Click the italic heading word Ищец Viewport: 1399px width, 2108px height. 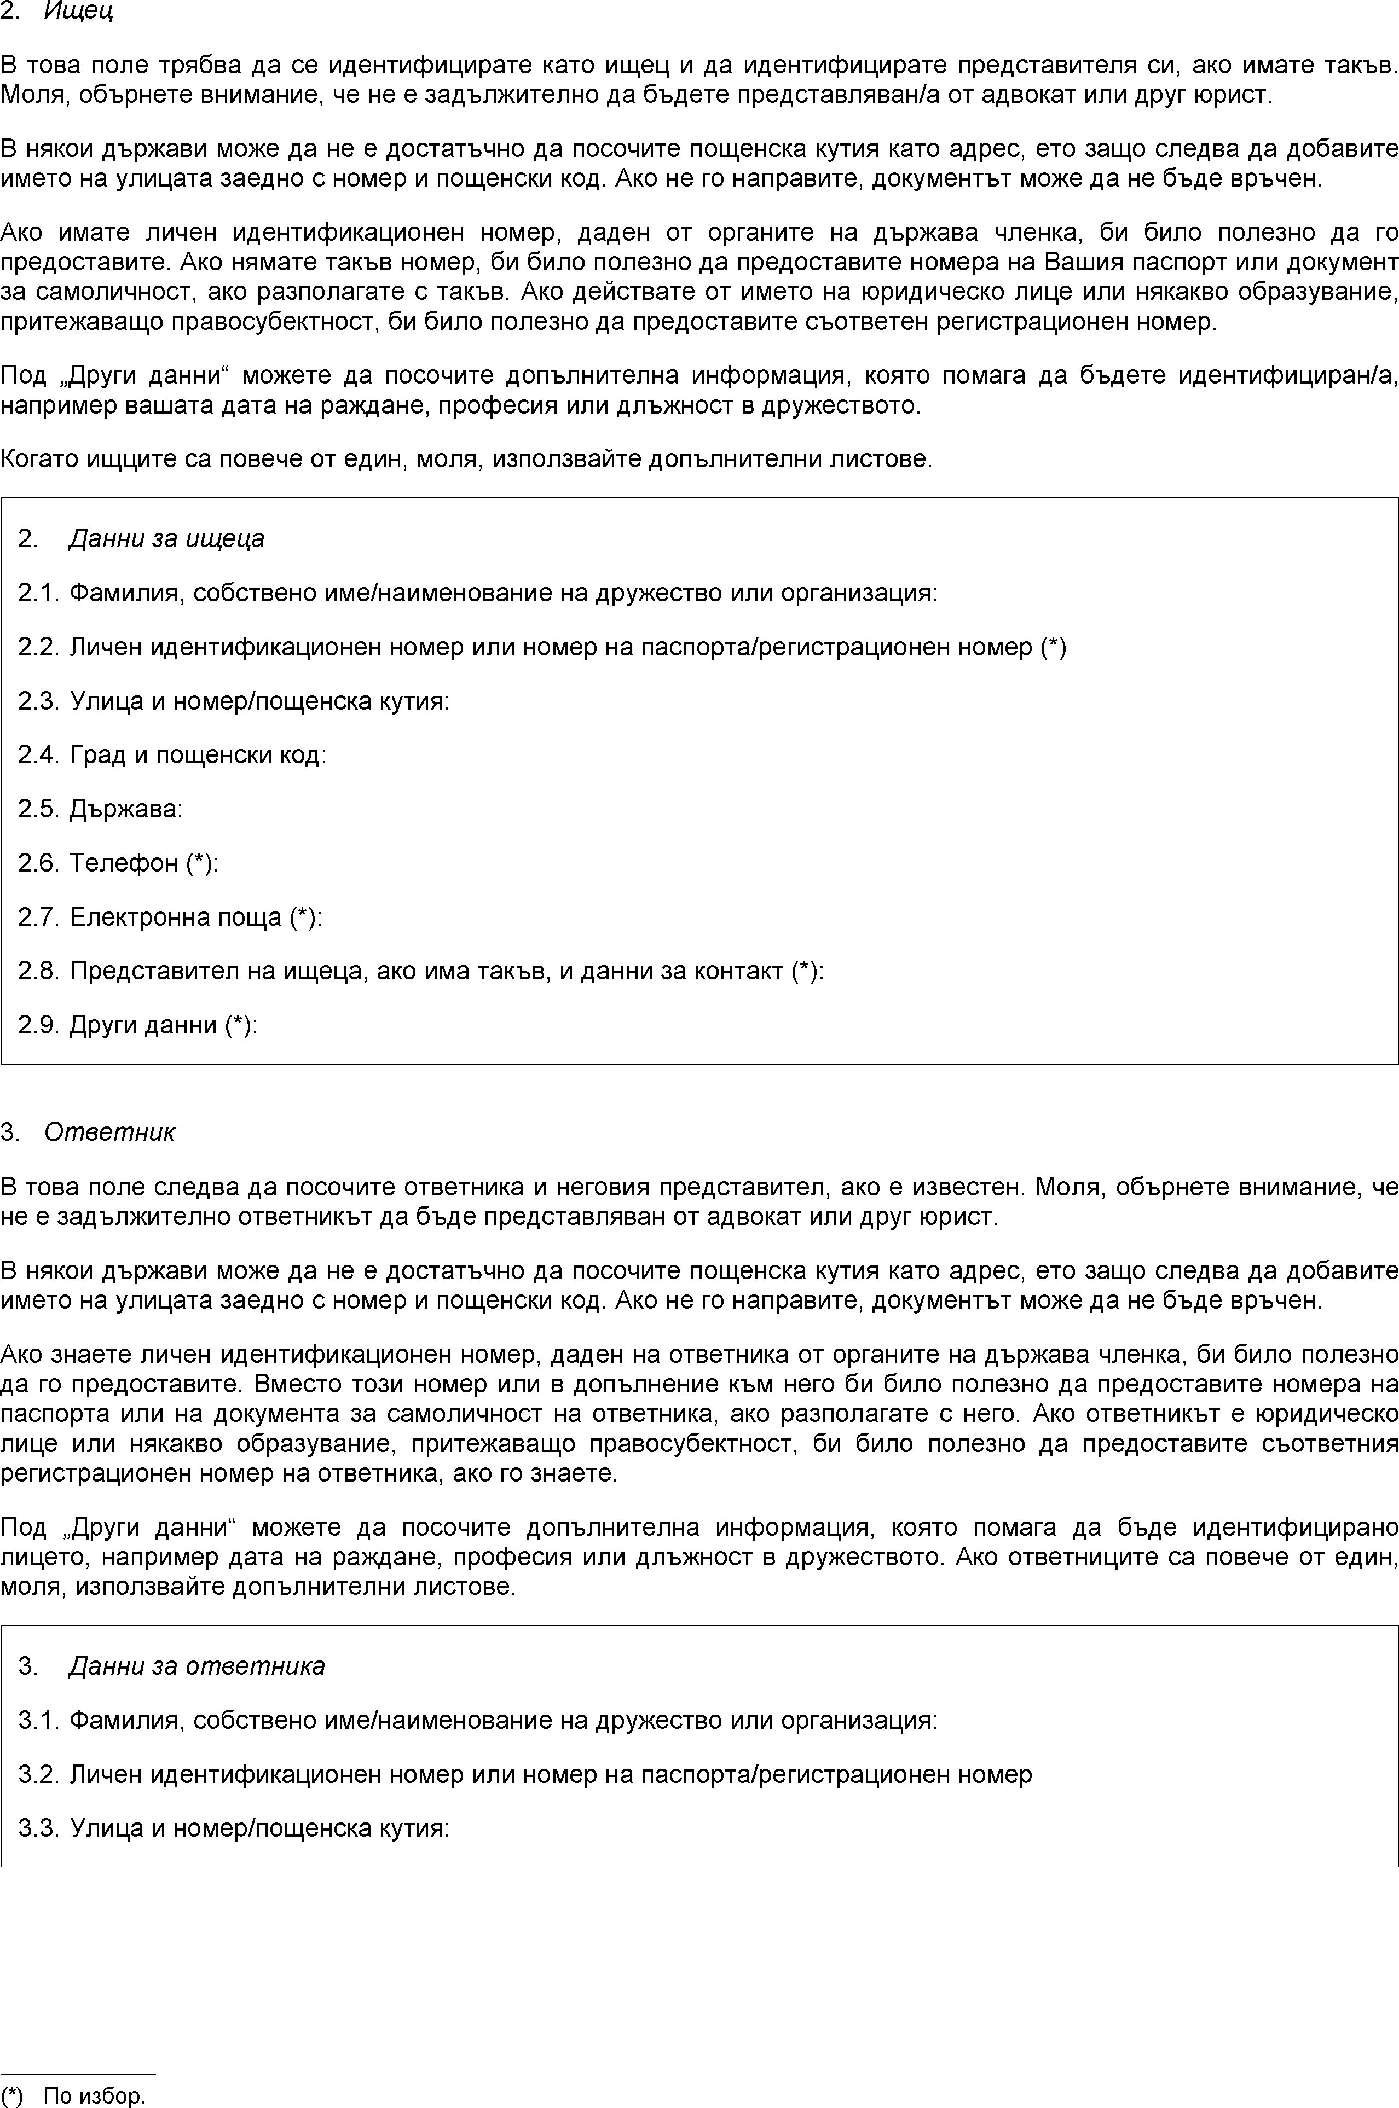pos(78,13)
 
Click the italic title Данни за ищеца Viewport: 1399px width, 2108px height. pos(166,538)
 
